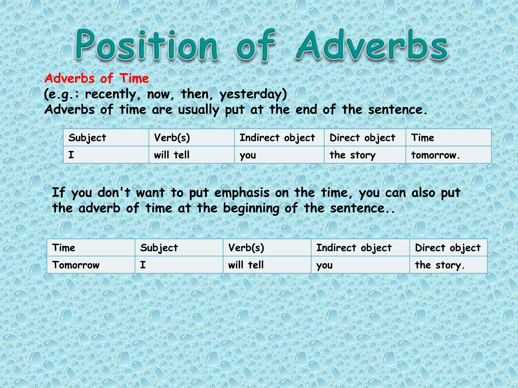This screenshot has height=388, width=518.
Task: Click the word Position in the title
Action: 146,45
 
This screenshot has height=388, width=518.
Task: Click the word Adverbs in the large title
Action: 372,45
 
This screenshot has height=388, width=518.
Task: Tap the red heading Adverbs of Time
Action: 97,78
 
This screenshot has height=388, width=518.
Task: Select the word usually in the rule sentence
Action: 199,110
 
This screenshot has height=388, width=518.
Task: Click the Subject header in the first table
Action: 87,138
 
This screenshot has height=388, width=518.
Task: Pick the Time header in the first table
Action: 422,138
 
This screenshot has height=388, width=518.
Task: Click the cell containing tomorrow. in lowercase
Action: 435,155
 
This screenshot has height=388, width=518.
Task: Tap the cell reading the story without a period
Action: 352,155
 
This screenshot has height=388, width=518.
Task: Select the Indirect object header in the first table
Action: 277,138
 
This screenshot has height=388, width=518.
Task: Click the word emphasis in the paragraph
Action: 242,193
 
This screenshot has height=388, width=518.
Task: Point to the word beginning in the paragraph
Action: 251,208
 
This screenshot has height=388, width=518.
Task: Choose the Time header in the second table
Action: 64,248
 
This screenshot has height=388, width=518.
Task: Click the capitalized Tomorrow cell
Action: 76,265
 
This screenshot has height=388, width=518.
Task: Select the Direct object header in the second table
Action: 448,248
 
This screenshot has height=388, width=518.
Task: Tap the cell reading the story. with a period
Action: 440,265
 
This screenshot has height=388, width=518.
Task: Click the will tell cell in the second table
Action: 246,265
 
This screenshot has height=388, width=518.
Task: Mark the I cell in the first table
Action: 71,155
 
